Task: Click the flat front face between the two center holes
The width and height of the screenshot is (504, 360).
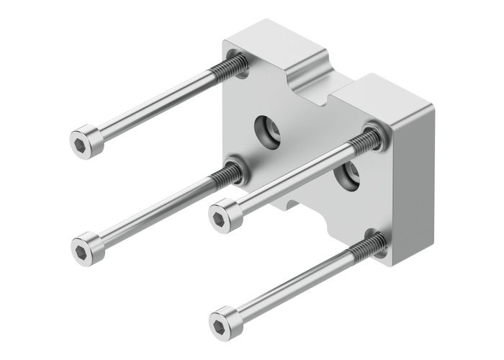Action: click(306, 151)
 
